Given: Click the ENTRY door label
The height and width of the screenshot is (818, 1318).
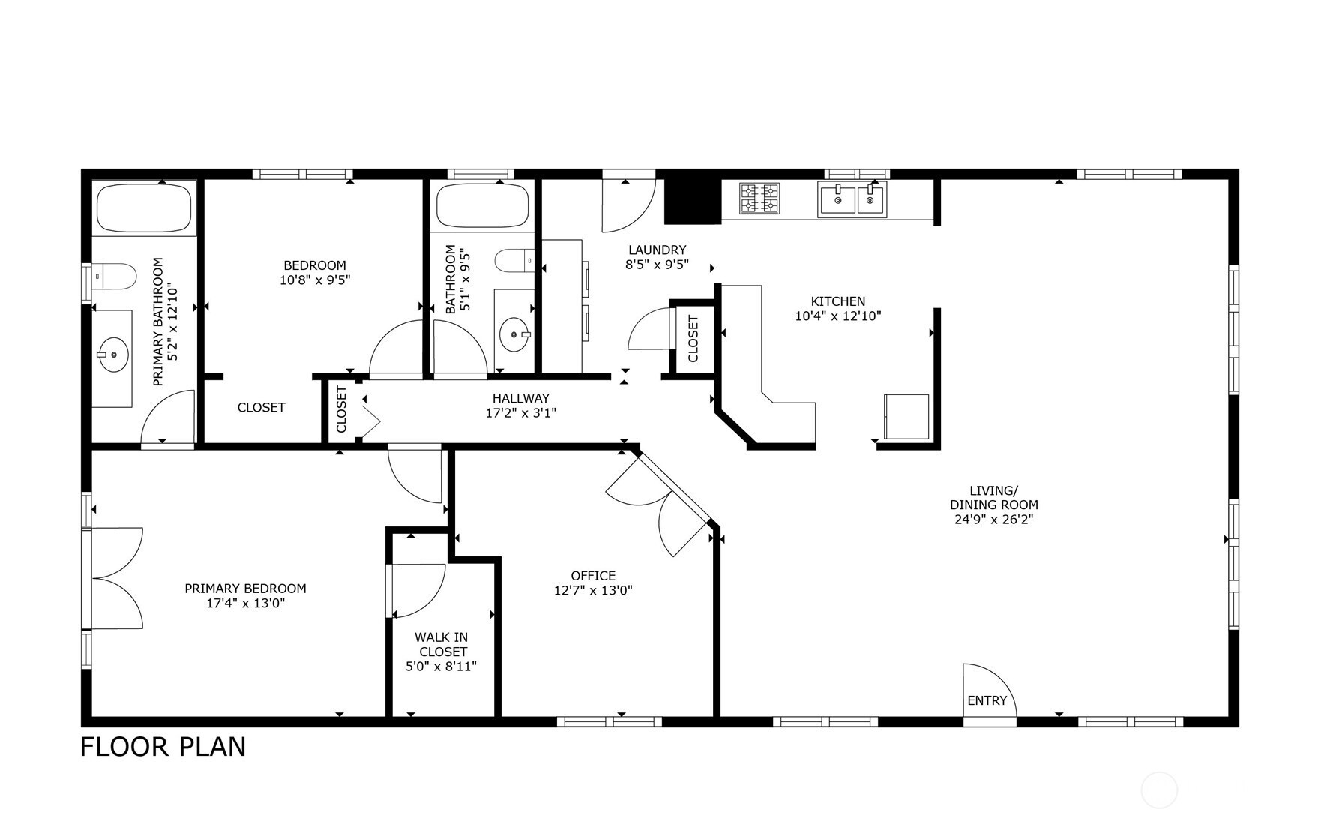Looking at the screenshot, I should (987, 700).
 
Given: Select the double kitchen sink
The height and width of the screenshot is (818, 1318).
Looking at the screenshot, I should (852, 199).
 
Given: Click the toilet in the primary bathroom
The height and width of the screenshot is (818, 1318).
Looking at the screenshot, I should (115, 276).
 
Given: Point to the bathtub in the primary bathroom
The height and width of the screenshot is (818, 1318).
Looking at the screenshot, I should (143, 208).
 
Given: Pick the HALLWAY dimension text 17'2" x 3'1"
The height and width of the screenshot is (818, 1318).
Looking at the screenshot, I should (520, 412).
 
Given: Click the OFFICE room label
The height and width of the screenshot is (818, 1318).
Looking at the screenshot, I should (593, 575).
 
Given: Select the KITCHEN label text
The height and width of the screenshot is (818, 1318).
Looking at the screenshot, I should (837, 301).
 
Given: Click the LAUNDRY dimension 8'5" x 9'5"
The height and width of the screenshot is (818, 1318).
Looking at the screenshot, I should (657, 264).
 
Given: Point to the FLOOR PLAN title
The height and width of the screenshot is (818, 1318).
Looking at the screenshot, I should (163, 747).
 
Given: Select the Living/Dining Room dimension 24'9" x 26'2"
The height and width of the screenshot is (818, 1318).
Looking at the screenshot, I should (993, 519).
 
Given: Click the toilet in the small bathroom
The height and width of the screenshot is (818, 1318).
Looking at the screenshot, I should (514, 260).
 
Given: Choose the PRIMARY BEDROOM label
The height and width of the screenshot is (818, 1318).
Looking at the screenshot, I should (245, 589).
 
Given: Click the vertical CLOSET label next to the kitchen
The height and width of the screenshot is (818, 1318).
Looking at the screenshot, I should (693, 338).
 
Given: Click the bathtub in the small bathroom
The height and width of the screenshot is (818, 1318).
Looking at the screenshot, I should (482, 204).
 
